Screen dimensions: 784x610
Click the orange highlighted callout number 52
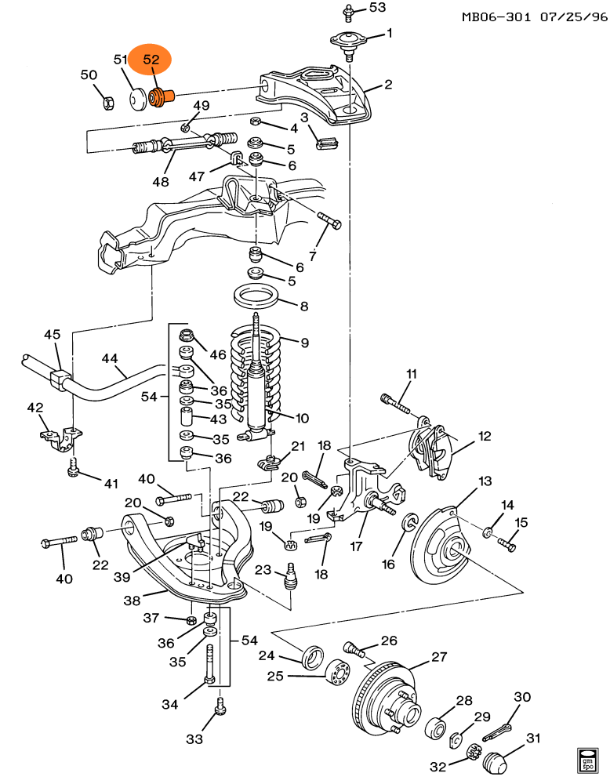tap(151, 60)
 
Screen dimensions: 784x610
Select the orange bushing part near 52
tap(160, 99)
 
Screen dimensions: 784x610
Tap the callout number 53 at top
tap(378, 8)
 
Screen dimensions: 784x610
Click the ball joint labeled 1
tap(347, 41)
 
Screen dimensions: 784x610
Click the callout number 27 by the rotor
tap(439, 658)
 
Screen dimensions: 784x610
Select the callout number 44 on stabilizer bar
tap(110, 358)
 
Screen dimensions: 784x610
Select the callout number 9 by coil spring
tap(304, 342)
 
